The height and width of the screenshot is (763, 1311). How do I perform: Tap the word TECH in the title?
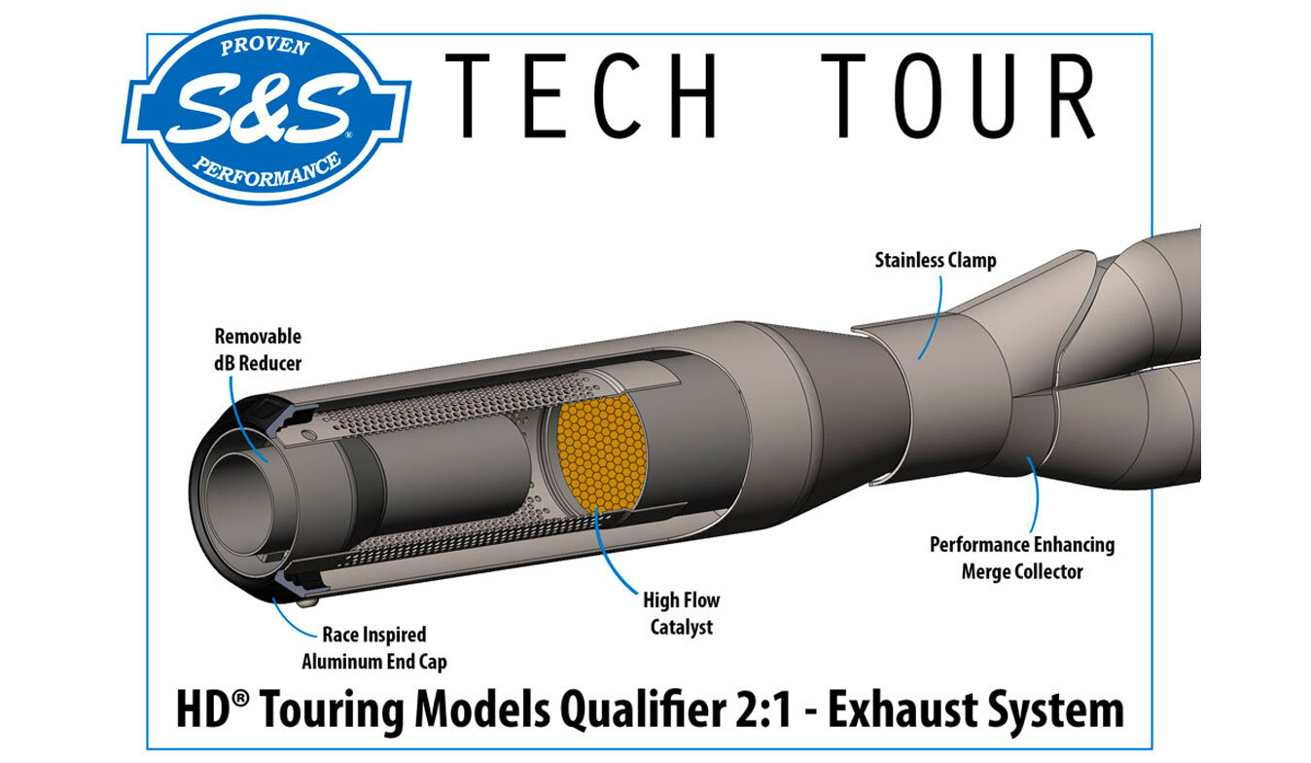click(581, 94)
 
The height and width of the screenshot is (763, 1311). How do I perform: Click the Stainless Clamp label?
click(935, 261)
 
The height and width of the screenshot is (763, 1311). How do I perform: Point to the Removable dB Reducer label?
click(258, 349)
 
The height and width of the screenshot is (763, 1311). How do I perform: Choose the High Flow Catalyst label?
click(680, 613)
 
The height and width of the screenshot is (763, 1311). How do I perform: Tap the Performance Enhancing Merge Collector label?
click(1021, 558)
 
